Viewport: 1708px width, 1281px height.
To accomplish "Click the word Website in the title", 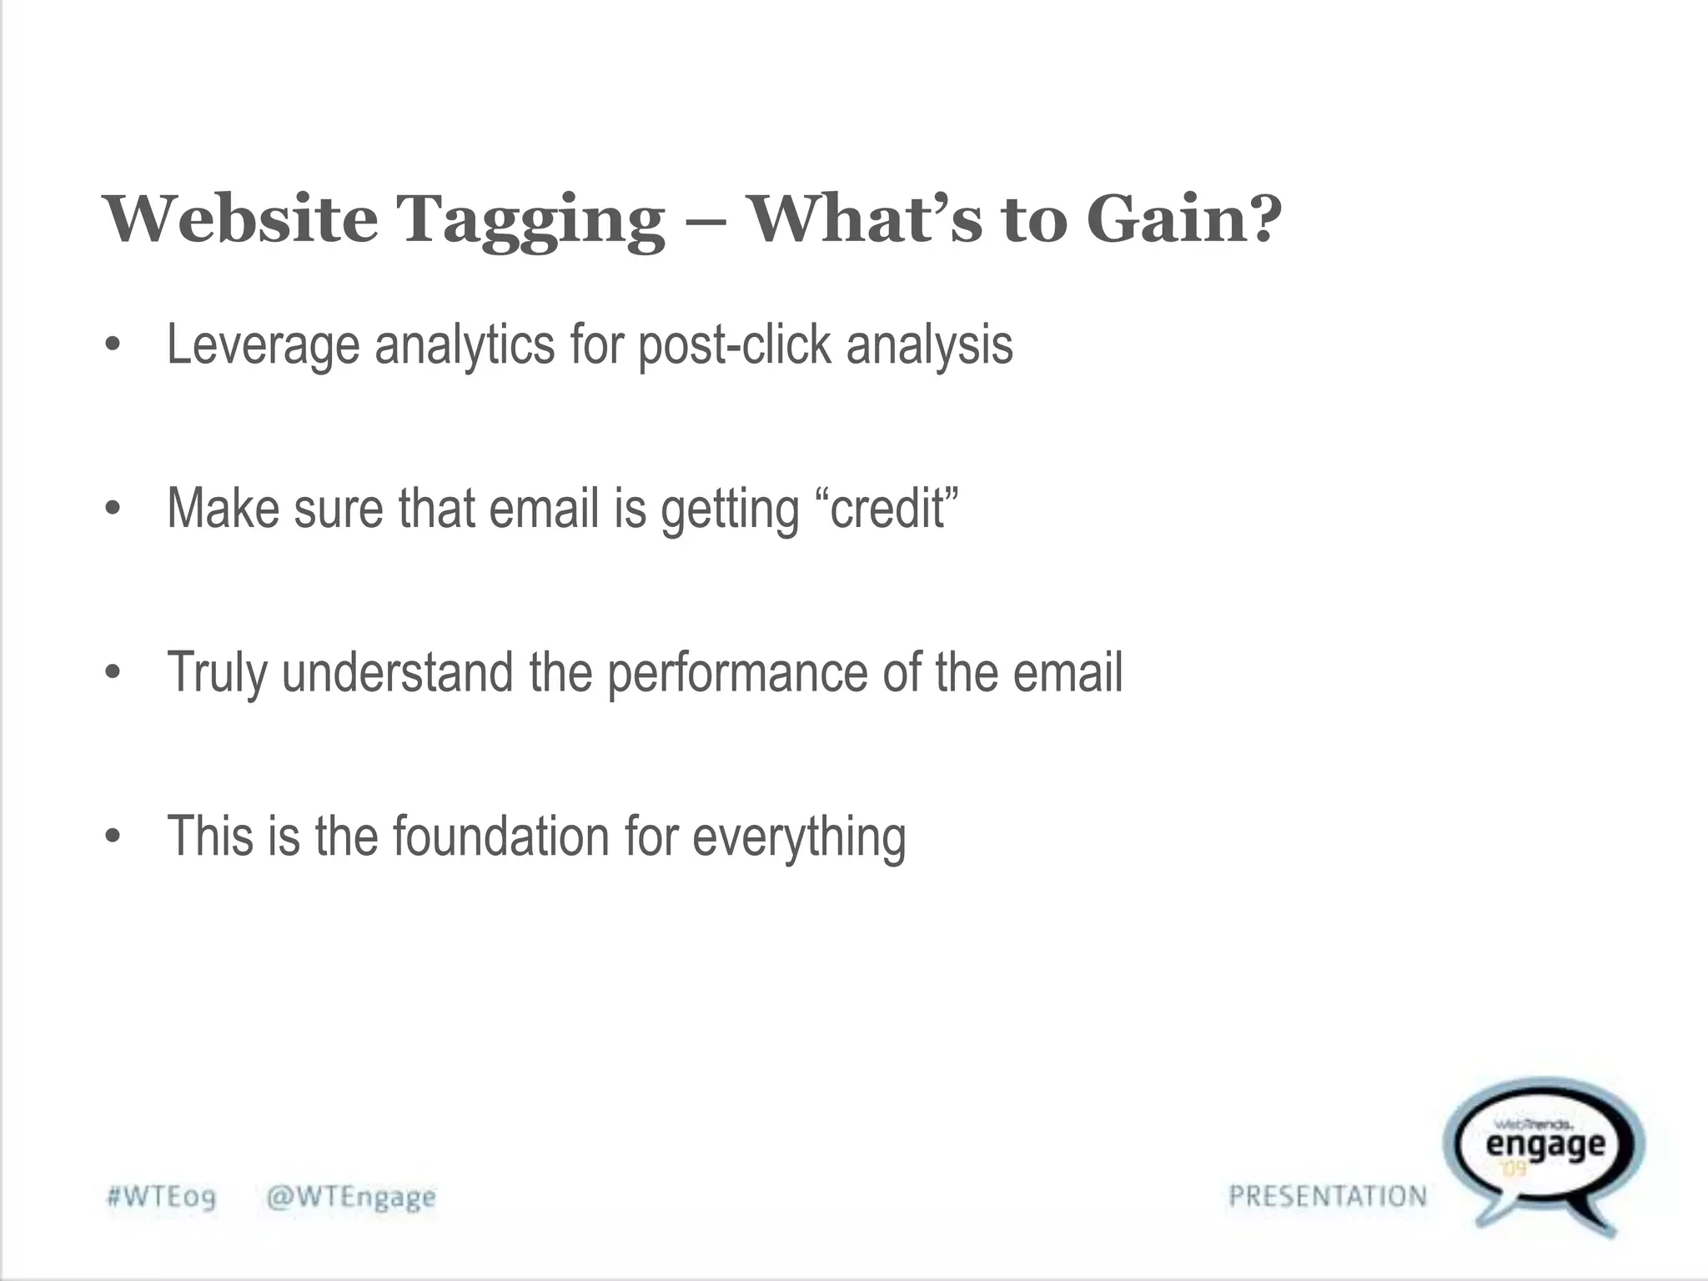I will pyautogui.click(x=240, y=219).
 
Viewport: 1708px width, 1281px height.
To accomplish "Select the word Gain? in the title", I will pyautogui.click(x=1183, y=219).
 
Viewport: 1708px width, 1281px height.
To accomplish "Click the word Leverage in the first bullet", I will pyautogui.click(x=263, y=345).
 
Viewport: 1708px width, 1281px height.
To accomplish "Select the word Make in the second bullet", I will pyautogui.click(x=223, y=508).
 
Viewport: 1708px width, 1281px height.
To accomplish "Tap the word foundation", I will pyautogui.click(x=501, y=836).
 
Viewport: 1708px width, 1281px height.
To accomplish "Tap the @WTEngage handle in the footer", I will pyautogui.click(x=351, y=1198).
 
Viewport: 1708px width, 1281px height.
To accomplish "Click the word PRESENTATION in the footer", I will pyautogui.click(x=1328, y=1196).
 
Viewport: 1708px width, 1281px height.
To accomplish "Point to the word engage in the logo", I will pyautogui.click(x=1545, y=1144).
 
